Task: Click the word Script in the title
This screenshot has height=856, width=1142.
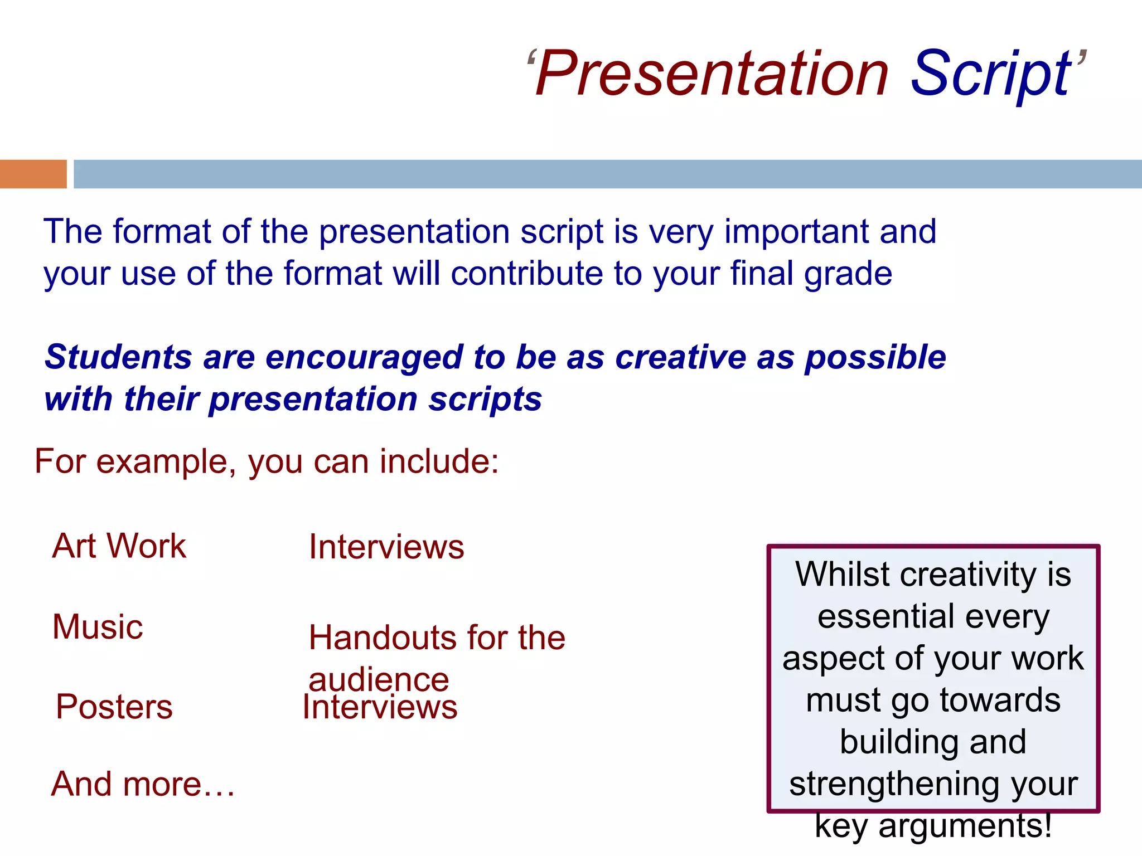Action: point(990,74)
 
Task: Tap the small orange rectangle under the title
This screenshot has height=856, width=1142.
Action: point(33,174)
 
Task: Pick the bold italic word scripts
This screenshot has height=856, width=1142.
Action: point(485,400)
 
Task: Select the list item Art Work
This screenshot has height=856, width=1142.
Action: point(119,546)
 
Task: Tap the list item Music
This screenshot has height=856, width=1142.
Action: point(98,626)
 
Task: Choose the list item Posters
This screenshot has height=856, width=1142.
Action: point(114,707)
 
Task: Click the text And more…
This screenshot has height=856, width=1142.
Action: point(143,784)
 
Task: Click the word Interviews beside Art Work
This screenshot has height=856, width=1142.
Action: point(386,547)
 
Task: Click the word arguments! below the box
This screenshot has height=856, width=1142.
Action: point(965,826)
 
